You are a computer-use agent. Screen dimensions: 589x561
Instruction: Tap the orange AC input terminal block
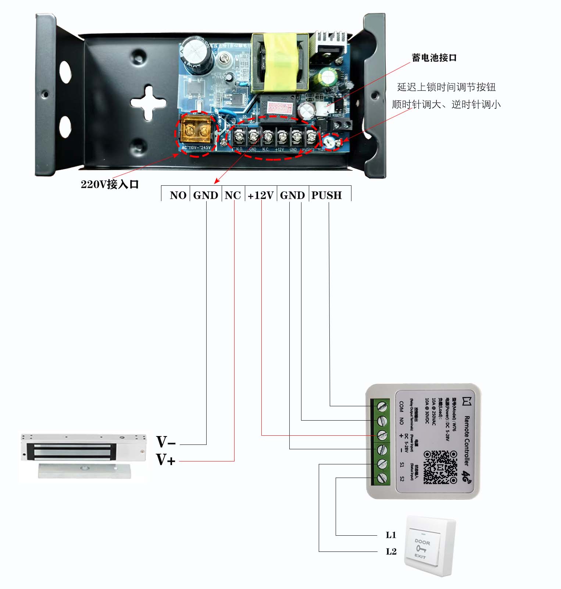196,129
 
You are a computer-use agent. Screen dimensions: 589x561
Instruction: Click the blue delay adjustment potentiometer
330,142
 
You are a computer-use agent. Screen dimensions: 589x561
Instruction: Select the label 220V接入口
110,184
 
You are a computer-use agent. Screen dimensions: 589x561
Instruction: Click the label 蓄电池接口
434,58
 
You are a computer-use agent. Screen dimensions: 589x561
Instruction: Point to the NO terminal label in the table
178,195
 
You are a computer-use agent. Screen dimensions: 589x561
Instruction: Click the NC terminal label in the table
233,195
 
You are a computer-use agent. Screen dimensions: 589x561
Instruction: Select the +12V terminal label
261,195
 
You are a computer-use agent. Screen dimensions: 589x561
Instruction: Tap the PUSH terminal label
326,195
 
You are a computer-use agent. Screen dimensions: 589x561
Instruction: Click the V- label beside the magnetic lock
166,442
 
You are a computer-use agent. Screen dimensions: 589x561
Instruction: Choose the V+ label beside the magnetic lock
165,460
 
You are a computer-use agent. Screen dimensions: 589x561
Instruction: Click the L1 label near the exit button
391,535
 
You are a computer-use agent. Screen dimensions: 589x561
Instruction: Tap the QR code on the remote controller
440,467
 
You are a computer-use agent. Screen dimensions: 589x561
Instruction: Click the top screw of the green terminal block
382,407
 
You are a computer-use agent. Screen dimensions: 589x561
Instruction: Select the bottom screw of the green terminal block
382,478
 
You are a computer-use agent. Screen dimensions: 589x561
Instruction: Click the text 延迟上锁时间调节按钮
446,87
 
